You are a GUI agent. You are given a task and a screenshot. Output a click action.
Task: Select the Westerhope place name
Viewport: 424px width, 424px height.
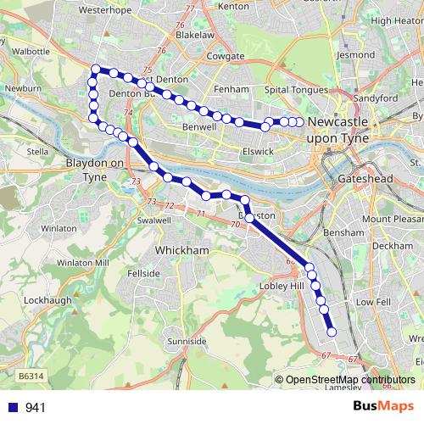(105, 10)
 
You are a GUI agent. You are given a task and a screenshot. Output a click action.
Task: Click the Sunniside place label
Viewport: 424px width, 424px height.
(186, 341)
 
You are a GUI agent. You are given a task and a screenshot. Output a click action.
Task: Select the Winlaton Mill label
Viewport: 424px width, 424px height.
(83, 263)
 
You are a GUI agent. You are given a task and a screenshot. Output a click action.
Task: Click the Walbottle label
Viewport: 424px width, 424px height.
(32, 52)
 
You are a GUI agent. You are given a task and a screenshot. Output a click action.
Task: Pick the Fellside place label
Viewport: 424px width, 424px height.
(142, 274)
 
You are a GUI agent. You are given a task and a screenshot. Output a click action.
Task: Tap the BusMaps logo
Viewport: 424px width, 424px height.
(382, 406)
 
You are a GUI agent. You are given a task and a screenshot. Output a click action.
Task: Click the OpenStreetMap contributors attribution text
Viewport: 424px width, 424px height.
(350, 379)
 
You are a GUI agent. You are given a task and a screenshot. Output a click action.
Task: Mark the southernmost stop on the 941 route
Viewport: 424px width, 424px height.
(332, 332)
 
